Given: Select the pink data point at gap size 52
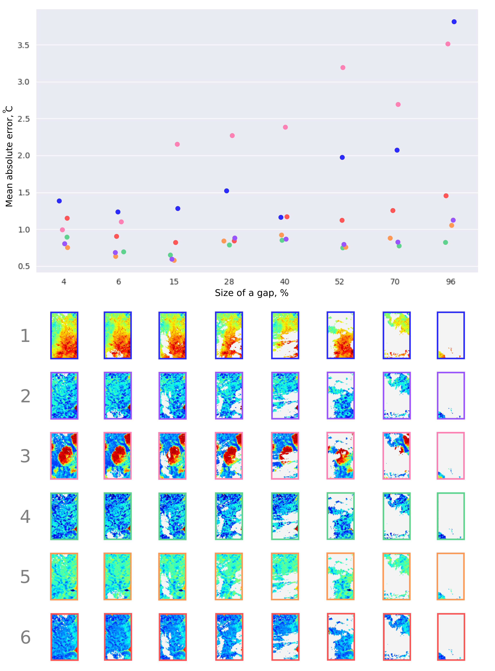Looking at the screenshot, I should point(343,68).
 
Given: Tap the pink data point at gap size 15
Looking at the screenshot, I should point(177,144).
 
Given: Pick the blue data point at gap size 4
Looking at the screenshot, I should point(59,201).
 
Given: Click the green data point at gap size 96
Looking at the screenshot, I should point(446,242).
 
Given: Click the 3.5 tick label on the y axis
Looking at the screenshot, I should point(23,45).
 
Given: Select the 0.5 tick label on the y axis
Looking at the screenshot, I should point(23,266).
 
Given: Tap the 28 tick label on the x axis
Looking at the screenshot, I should point(229,282).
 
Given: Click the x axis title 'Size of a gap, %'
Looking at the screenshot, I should point(251,293).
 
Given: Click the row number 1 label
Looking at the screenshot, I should point(25,336).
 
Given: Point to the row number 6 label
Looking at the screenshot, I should point(25,637).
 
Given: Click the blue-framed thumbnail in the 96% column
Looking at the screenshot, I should point(451,335).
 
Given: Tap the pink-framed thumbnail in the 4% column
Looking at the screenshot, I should point(64,456).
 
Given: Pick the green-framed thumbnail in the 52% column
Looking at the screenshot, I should point(340,516).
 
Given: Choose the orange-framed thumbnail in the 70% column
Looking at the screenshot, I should point(396,576).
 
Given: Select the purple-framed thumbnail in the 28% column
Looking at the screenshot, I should point(229,396).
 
